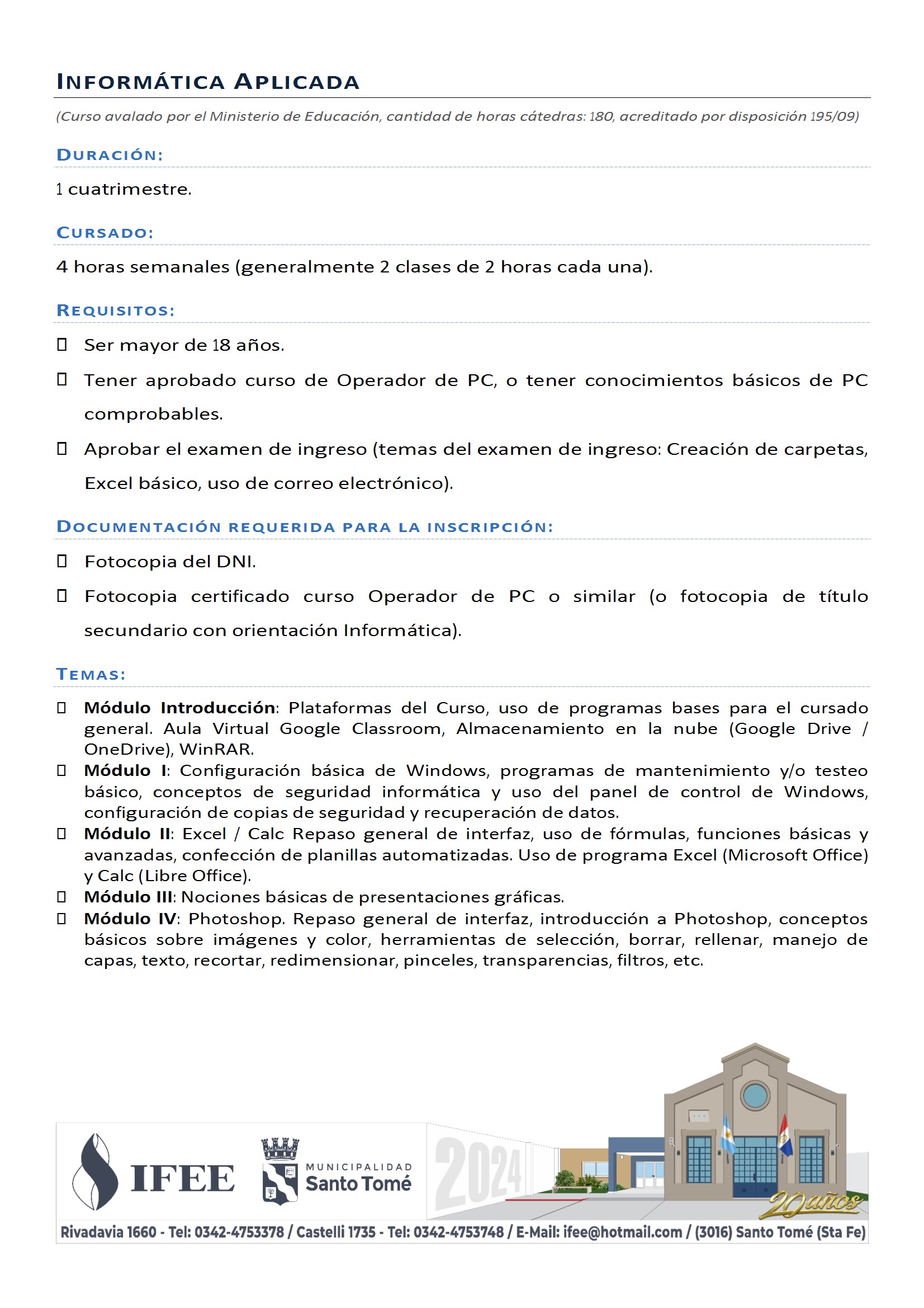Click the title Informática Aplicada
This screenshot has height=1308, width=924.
click(x=208, y=82)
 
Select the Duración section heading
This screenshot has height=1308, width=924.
click(x=110, y=155)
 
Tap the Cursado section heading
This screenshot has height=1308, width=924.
click(x=105, y=232)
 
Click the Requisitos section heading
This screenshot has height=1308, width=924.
click(x=116, y=310)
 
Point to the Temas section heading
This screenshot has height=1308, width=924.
click(x=91, y=675)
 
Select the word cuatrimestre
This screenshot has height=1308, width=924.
click(x=129, y=189)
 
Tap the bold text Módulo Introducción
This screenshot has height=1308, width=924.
click(x=179, y=708)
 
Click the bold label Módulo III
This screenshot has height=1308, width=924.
click(x=128, y=897)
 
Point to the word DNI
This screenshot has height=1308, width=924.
click(x=235, y=562)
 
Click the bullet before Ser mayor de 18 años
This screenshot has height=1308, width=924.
click(x=62, y=345)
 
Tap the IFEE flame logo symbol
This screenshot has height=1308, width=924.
click(x=95, y=1171)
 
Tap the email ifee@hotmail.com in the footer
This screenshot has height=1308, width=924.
click(x=622, y=1232)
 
